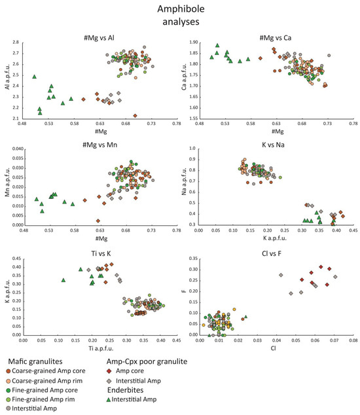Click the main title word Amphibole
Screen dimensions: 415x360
pyautogui.click(x=180, y=9)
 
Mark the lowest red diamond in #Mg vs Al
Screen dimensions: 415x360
pyautogui.click(x=135, y=115)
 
